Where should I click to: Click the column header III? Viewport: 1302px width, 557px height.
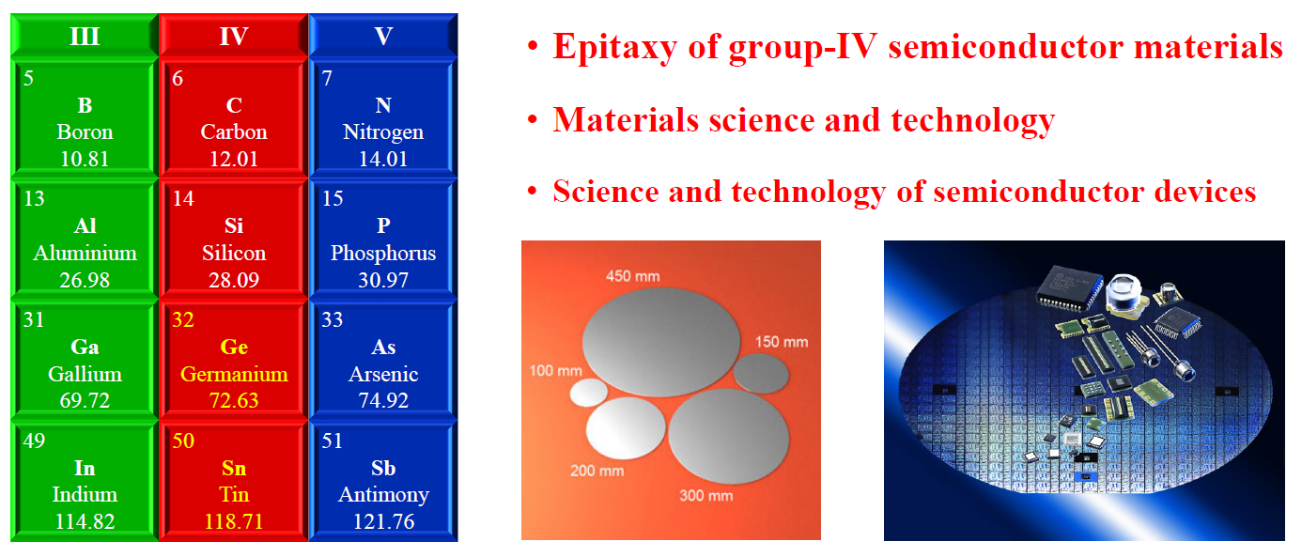[x=85, y=37]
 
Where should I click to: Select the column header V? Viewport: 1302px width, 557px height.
[x=383, y=37]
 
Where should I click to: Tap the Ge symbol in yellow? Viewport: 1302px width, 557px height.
[x=234, y=348]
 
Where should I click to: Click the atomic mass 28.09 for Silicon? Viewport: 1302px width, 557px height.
[x=234, y=280]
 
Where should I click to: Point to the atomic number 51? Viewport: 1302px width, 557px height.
[x=332, y=441]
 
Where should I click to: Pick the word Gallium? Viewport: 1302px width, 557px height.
[x=85, y=374]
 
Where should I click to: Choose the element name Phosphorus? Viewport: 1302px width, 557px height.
[x=383, y=253]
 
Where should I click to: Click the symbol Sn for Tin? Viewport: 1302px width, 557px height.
[x=234, y=468]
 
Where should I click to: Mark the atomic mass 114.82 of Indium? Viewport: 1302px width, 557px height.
[x=85, y=521]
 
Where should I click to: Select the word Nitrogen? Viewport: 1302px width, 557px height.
[x=383, y=132]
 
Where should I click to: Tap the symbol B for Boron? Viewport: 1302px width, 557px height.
[x=85, y=105]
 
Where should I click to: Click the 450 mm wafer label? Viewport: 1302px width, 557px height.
[x=633, y=276]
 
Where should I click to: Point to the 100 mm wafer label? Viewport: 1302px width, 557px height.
[x=556, y=370]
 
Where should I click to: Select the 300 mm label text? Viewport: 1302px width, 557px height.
[x=706, y=496]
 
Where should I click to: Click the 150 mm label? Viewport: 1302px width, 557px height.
[x=782, y=342]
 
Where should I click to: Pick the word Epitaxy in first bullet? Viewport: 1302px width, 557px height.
[x=615, y=48]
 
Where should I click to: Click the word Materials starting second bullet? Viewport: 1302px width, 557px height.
[x=626, y=120]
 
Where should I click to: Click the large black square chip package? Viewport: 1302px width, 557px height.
[x=1069, y=287]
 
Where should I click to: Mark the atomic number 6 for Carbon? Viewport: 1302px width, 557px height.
[x=178, y=78]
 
